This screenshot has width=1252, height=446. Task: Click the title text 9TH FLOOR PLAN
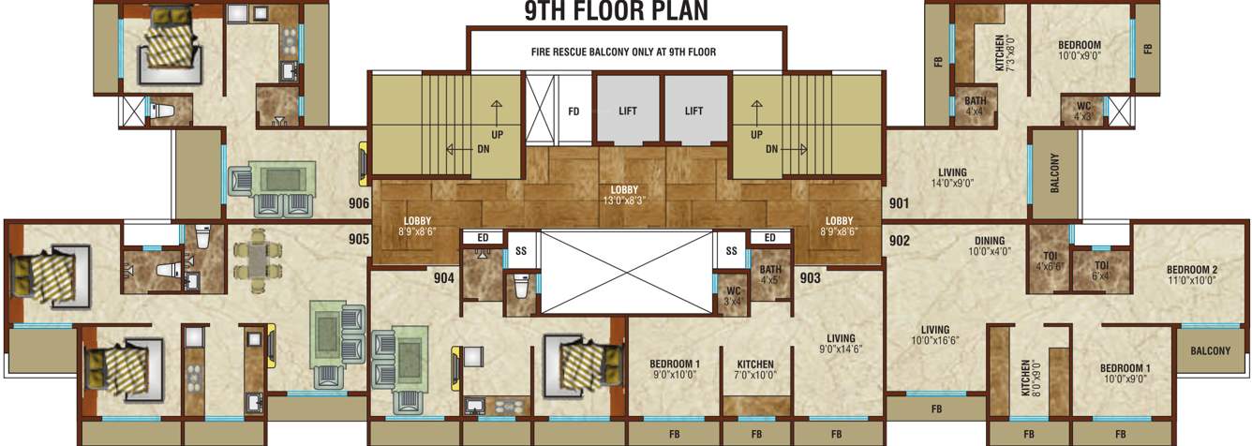click(x=616, y=11)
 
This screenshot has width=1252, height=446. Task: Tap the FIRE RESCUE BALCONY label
click(x=624, y=52)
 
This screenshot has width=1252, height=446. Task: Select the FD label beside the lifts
click(x=574, y=111)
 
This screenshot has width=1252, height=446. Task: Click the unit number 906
click(x=358, y=202)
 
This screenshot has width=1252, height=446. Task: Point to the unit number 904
click(x=443, y=277)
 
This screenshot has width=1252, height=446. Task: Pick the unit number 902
click(x=900, y=241)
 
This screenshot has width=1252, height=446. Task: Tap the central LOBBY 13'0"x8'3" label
click(x=624, y=194)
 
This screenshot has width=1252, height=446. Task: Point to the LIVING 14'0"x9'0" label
click(x=952, y=178)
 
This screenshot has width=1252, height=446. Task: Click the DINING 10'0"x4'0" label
click(x=986, y=245)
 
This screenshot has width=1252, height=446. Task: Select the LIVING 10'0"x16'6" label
click(x=935, y=334)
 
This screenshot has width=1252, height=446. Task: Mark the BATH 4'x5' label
click(x=770, y=274)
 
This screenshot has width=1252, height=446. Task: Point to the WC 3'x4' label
click(x=734, y=295)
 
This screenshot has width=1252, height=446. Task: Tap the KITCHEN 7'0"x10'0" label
click(x=754, y=369)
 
